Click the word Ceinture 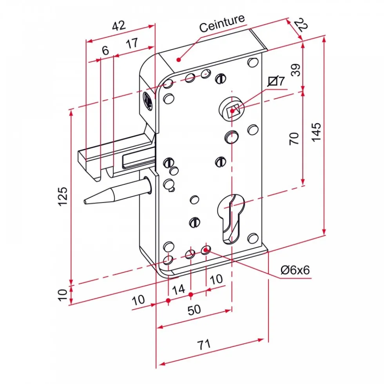(222, 23)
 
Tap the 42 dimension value (119, 25)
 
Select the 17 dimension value (132, 43)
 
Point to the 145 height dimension (316, 132)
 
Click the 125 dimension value (63, 197)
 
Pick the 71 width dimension (204, 344)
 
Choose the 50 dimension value (194, 310)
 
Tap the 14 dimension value (179, 290)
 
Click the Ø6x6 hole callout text (295, 270)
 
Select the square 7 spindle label (276, 81)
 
